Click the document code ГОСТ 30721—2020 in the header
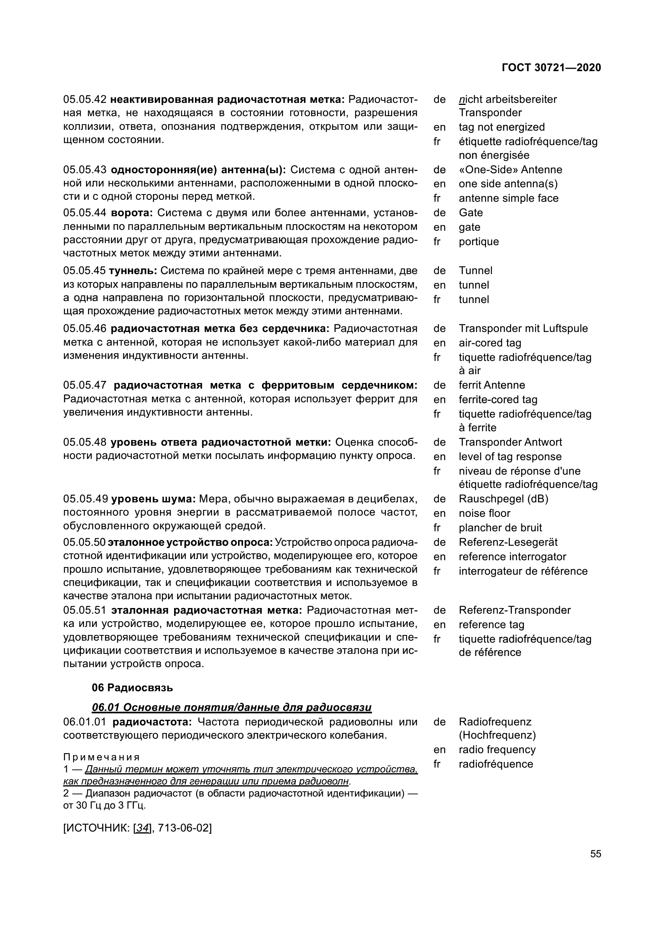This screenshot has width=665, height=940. [x=551, y=68]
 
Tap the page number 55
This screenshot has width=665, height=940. [x=596, y=854]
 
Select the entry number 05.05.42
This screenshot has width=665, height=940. [x=85, y=100]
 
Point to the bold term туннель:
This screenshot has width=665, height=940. [x=133, y=270]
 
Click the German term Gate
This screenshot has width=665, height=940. [x=470, y=213]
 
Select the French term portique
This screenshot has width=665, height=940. [x=479, y=242]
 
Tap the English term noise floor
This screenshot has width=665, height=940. [x=484, y=513]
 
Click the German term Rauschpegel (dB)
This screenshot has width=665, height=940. [x=503, y=499]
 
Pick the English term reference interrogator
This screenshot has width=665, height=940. [x=512, y=557]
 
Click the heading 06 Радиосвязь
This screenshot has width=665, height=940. [x=132, y=688]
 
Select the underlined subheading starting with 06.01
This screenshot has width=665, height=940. [x=232, y=707]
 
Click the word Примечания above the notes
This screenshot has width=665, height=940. [x=102, y=757]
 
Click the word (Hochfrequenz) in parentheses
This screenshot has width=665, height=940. [x=497, y=735]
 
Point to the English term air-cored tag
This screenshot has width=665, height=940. [x=490, y=343]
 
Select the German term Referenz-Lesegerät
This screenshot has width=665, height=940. [x=508, y=542]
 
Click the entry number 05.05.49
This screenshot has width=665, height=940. [x=85, y=499]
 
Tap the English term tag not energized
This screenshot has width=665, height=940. [x=502, y=127]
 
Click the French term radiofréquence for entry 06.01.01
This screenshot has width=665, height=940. [x=496, y=764]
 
